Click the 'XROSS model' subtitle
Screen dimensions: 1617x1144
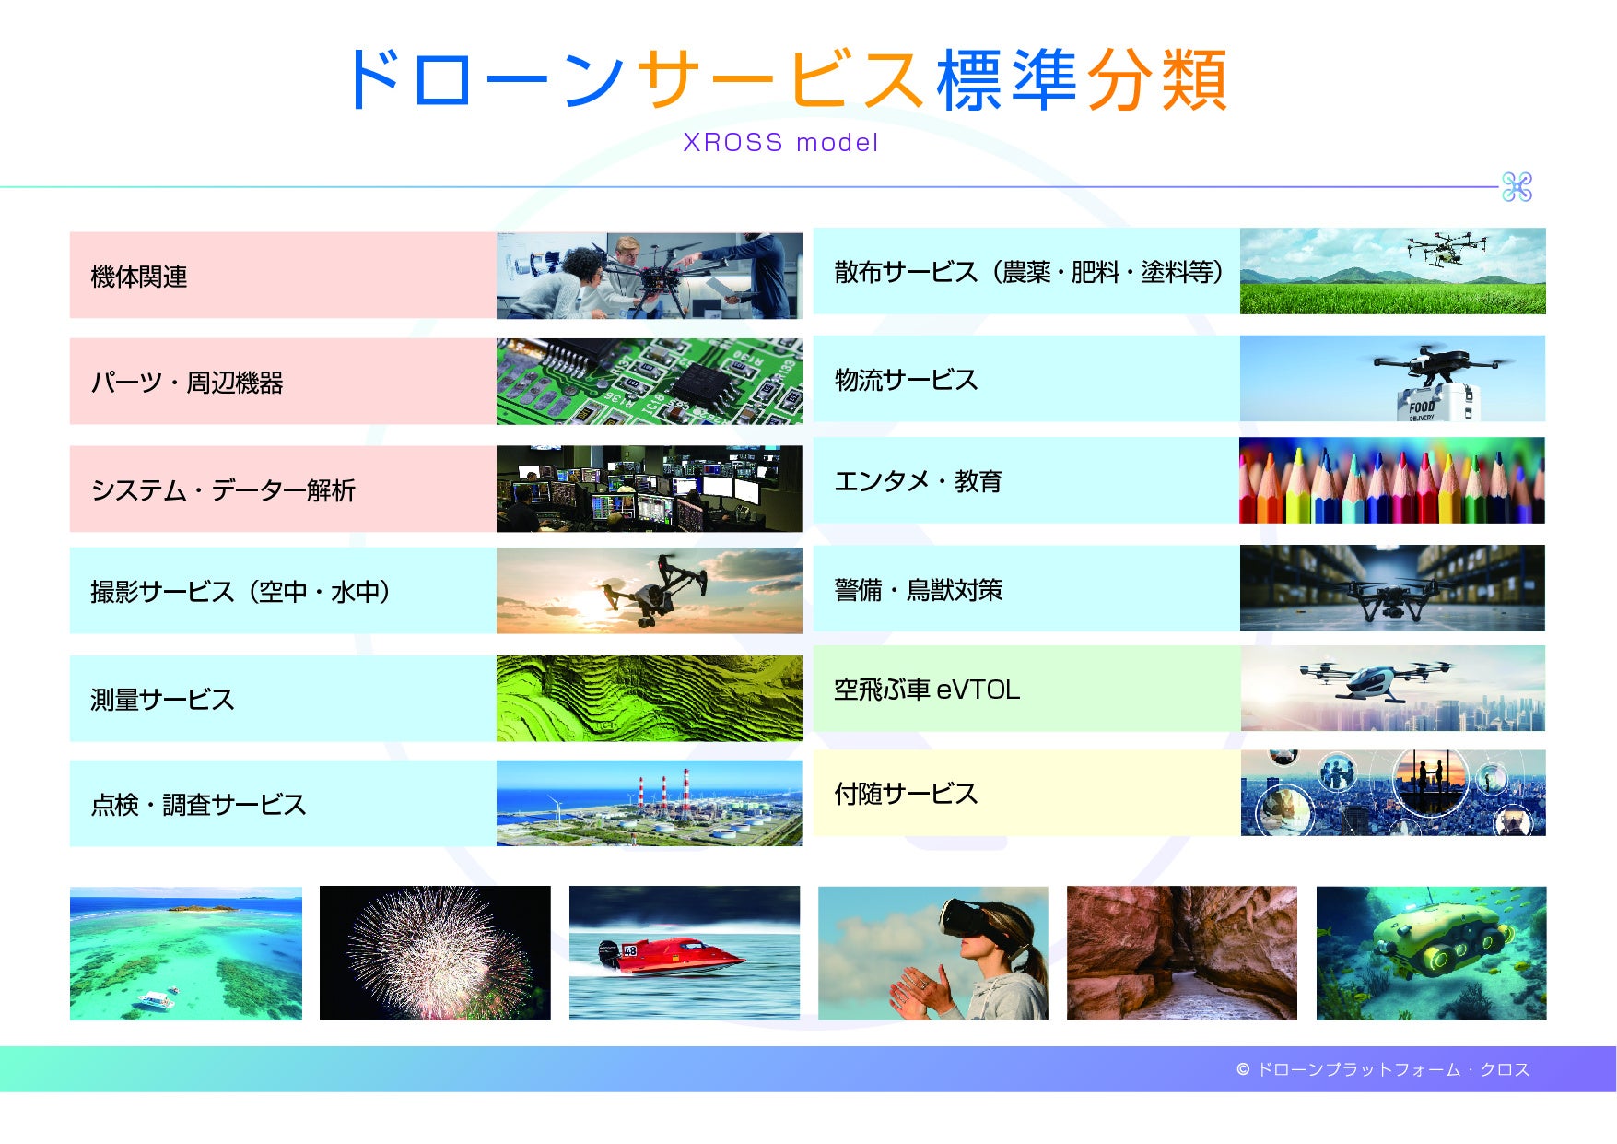[x=780, y=143]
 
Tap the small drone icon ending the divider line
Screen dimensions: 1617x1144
[x=1517, y=187]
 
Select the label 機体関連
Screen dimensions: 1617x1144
[x=139, y=277]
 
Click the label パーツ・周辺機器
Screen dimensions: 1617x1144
[x=187, y=383]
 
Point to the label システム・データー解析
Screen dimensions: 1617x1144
[x=223, y=490]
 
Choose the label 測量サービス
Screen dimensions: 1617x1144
[x=162, y=700]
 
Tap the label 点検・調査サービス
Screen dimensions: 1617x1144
[x=198, y=805]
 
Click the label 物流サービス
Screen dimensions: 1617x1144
[x=906, y=380]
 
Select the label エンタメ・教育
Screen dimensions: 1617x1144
[x=918, y=481]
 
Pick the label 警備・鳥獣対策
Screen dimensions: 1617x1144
[x=918, y=590]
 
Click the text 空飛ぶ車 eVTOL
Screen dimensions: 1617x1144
[x=927, y=690]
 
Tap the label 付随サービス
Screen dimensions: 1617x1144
[x=906, y=794]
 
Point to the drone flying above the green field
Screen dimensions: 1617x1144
[x=1446, y=247]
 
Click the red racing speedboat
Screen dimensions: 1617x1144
[x=670, y=955]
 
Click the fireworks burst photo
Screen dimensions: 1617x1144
[x=435, y=953]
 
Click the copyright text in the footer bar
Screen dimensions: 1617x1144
[x=1383, y=1069]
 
